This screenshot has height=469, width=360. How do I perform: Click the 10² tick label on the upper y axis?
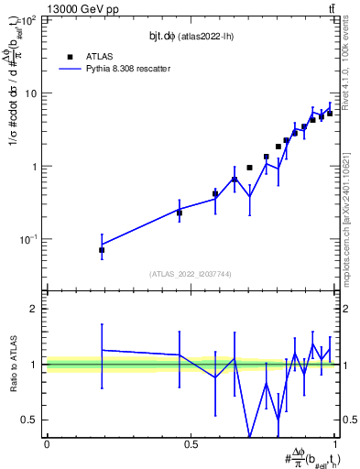tap(30, 20)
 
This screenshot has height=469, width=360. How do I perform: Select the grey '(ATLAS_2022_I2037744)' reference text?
tap(191, 274)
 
